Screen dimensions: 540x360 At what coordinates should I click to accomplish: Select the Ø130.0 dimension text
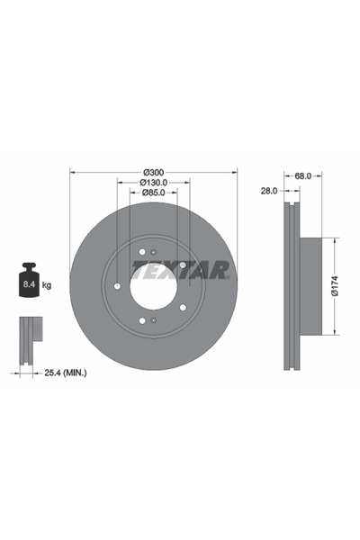152,183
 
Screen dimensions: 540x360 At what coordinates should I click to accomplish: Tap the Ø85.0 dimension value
152,193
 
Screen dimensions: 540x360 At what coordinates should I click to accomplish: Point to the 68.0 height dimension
302,176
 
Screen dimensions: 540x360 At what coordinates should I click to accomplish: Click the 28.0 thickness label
268,191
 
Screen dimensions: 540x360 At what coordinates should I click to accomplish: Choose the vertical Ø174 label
334,285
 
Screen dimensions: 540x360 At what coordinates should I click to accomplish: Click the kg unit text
47,285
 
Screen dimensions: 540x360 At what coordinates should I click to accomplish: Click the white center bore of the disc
152,286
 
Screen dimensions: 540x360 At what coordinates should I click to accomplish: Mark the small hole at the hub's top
154,251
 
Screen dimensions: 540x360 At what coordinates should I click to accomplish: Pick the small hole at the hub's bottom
154,320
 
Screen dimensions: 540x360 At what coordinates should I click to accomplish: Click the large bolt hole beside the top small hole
141,252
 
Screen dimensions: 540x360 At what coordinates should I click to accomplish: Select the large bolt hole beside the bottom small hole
141,321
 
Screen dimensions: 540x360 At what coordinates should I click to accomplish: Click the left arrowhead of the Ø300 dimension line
71,173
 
